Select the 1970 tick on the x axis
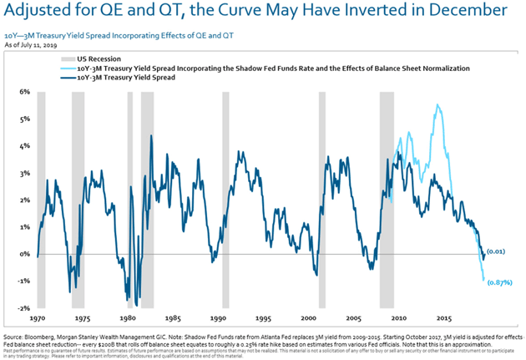(x=38, y=319)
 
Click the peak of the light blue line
(x=437, y=105)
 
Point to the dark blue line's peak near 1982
(x=151, y=135)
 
